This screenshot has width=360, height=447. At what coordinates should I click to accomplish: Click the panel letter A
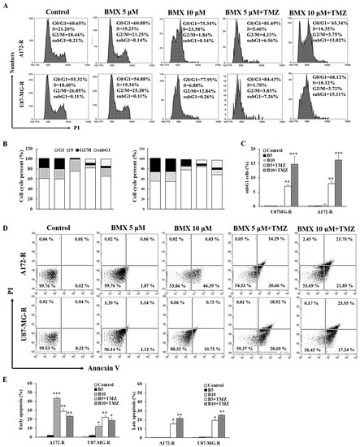point(4,5)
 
